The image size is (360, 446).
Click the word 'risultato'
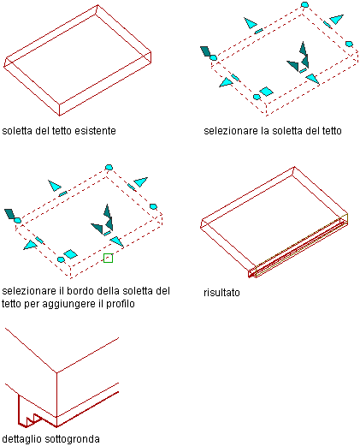pyautogui.click(x=221, y=293)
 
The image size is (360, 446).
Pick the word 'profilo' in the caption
pyautogui.click(x=120, y=304)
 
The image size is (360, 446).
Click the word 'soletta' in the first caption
pyautogui.click(x=17, y=131)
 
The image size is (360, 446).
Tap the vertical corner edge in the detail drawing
pyautogui.click(x=56, y=400)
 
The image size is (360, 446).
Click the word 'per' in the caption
pyautogui.click(x=32, y=304)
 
